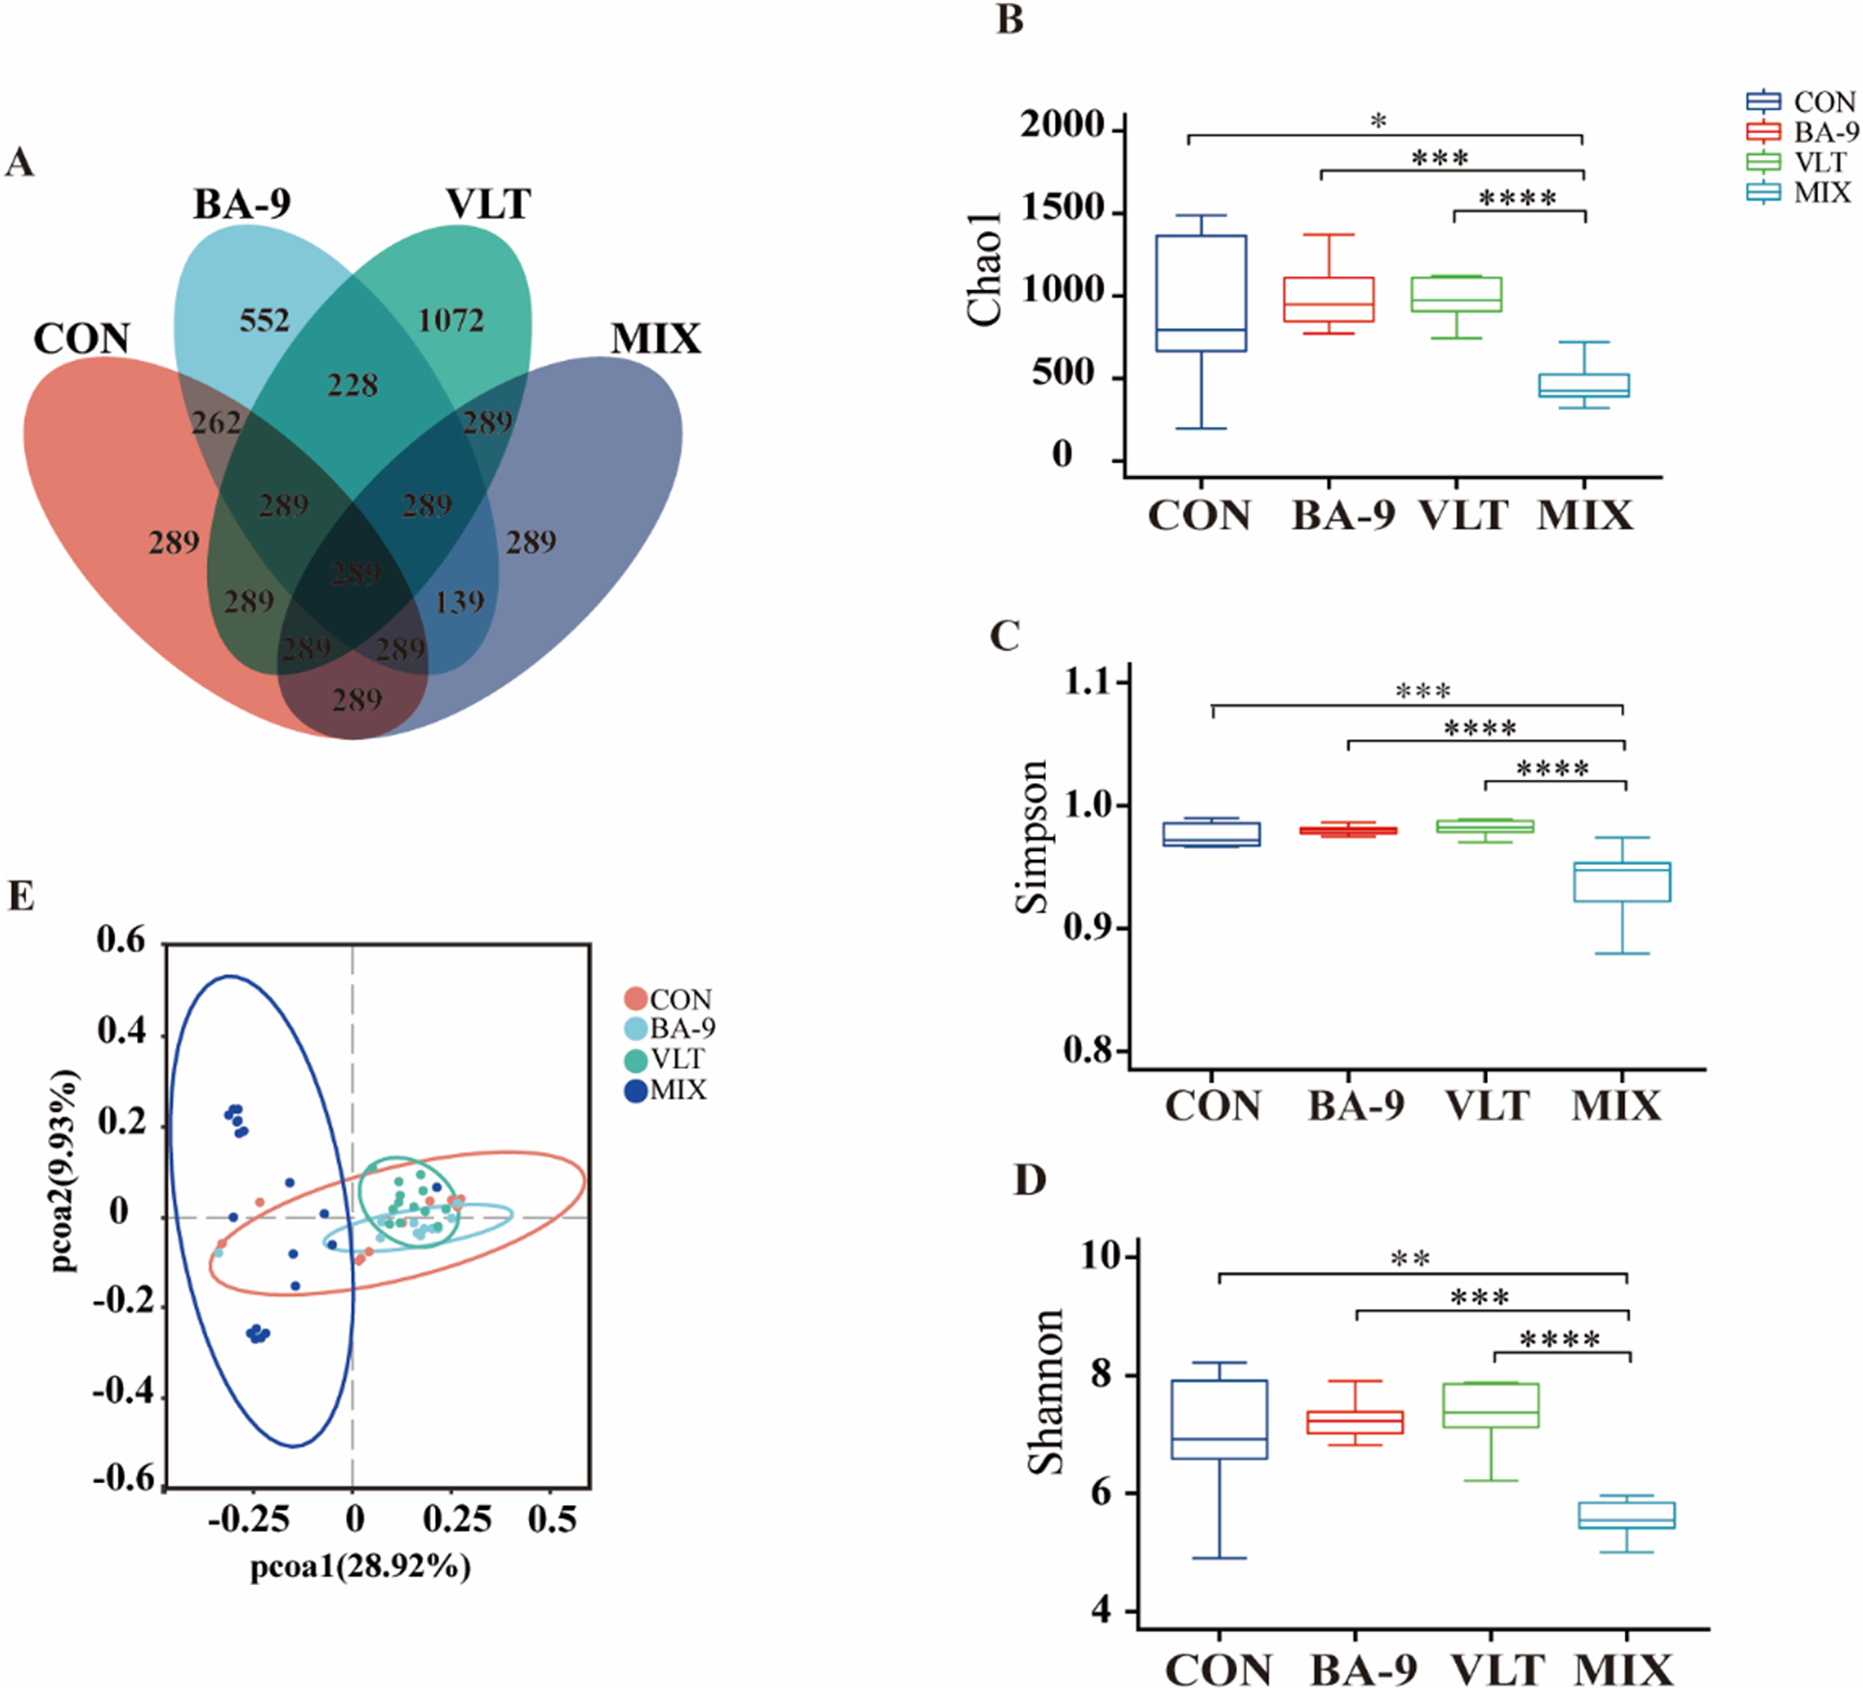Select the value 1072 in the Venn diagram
[x=451, y=321]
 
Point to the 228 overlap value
[x=352, y=384]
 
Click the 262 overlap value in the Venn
[x=216, y=423]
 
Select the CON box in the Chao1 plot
[x=1201, y=293]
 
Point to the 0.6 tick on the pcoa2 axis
[x=122, y=941]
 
